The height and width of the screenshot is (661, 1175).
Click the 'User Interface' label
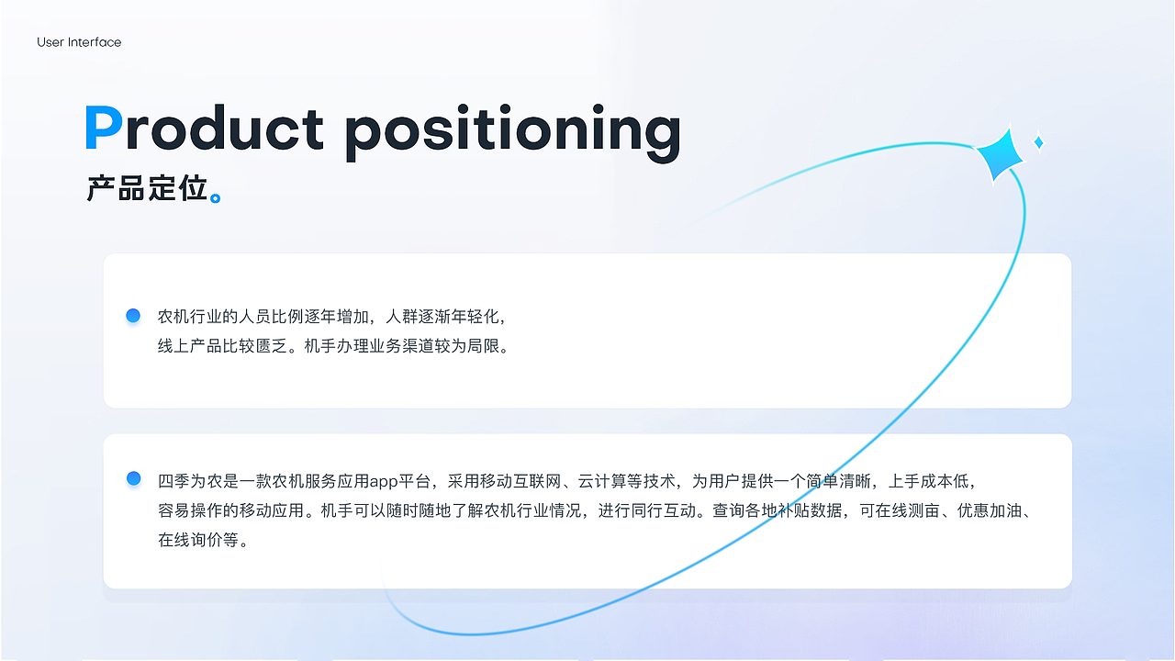79,42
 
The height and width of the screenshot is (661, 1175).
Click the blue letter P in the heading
104,128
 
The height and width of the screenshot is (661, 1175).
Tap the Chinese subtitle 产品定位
147,188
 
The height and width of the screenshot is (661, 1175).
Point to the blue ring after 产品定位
215,198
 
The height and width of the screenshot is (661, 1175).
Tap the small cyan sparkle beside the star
1038,142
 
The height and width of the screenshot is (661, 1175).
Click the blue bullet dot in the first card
133,315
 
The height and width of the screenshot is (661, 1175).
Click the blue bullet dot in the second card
134,478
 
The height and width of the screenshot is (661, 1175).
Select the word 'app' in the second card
384,482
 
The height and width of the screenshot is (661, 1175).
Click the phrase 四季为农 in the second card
190,481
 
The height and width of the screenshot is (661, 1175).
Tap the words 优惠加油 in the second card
990,510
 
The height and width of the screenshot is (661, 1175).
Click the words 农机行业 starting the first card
190,317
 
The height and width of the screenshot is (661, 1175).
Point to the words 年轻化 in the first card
475,317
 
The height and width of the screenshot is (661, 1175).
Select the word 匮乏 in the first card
271,346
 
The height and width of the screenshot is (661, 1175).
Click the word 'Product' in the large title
204,128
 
